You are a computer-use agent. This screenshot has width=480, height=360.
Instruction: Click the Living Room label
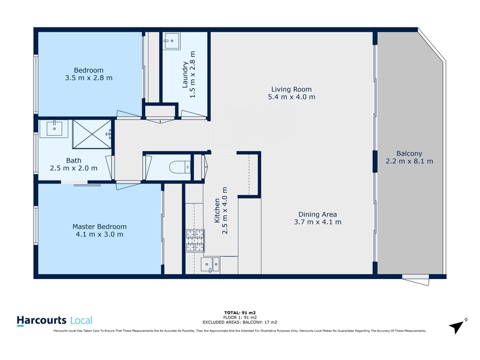coord(291,89)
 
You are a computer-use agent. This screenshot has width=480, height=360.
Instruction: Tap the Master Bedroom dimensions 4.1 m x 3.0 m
coord(100,235)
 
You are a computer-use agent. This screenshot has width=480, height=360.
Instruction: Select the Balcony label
coord(409,154)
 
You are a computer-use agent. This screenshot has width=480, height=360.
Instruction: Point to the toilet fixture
coord(180,167)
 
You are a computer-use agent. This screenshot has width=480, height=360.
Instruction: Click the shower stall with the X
coord(92,134)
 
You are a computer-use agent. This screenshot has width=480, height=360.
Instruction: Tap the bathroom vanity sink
coord(55,128)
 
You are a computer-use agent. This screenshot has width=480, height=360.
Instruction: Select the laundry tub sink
coord(172,41)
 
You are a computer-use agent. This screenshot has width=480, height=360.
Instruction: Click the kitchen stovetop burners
coord(195,241)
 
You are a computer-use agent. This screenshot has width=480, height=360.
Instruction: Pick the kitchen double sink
coord(210,265)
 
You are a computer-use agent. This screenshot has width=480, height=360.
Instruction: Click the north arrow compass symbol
coord(457,326)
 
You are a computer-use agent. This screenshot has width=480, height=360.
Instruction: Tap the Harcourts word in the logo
coord(41,320)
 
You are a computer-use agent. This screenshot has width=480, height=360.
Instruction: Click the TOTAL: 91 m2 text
coord(240,313)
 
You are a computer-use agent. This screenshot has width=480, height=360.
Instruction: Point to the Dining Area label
coord(318,215)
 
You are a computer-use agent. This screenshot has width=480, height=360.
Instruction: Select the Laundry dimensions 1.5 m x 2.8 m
coord(193,74)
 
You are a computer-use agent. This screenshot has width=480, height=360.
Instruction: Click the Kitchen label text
coord(217,211)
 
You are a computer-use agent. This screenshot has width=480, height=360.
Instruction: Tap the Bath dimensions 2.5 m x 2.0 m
coord(74,168)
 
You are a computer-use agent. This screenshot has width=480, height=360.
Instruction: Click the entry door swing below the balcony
coord(416,280)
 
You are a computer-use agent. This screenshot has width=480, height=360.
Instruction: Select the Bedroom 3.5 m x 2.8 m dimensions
coord(89,78)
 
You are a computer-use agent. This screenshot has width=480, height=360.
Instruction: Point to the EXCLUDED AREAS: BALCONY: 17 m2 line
coord(240,322)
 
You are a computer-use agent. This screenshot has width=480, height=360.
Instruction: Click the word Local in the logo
coord(82,321)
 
